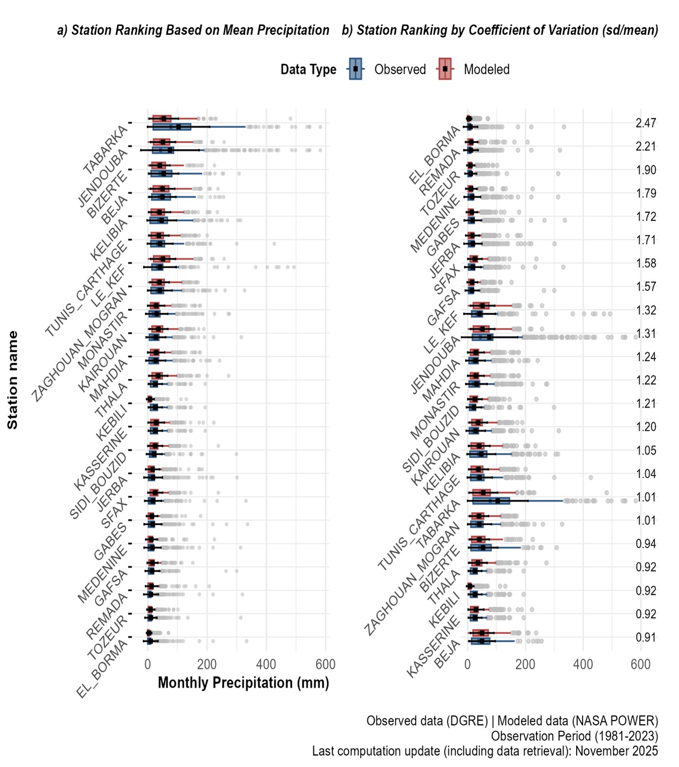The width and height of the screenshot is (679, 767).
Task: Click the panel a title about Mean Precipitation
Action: click(193, 30)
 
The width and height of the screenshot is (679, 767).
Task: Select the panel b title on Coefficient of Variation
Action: click(500, 30)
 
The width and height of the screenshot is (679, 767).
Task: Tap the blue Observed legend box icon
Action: click(356, 69)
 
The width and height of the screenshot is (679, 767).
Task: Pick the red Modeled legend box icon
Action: click(445, 69)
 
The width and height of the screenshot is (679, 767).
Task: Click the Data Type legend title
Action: click(308, 70)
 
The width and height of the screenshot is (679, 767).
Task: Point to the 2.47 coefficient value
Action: click(646, 123)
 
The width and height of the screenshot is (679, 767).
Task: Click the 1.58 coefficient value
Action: click(646, 263)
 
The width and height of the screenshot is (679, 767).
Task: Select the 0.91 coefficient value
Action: click(646, 638)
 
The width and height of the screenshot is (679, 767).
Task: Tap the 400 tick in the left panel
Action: click(266, 665)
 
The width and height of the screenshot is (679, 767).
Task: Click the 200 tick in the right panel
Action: click(525, 665)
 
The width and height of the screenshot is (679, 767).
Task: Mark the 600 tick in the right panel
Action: click(640, 665)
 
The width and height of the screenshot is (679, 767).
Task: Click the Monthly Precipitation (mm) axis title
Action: click(243, 683)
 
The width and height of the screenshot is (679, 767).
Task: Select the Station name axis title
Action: click(13, 380)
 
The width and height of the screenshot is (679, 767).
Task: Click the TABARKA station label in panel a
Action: click(106, 150)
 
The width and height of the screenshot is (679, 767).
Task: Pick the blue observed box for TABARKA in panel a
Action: click(171, 127)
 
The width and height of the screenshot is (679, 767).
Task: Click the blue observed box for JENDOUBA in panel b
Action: click(483, 337)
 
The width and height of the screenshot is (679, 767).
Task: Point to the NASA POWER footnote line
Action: click(512, 721)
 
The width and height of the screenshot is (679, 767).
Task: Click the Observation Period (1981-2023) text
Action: click(574, 736)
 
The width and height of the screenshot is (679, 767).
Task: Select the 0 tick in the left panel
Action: click(147, 665)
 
